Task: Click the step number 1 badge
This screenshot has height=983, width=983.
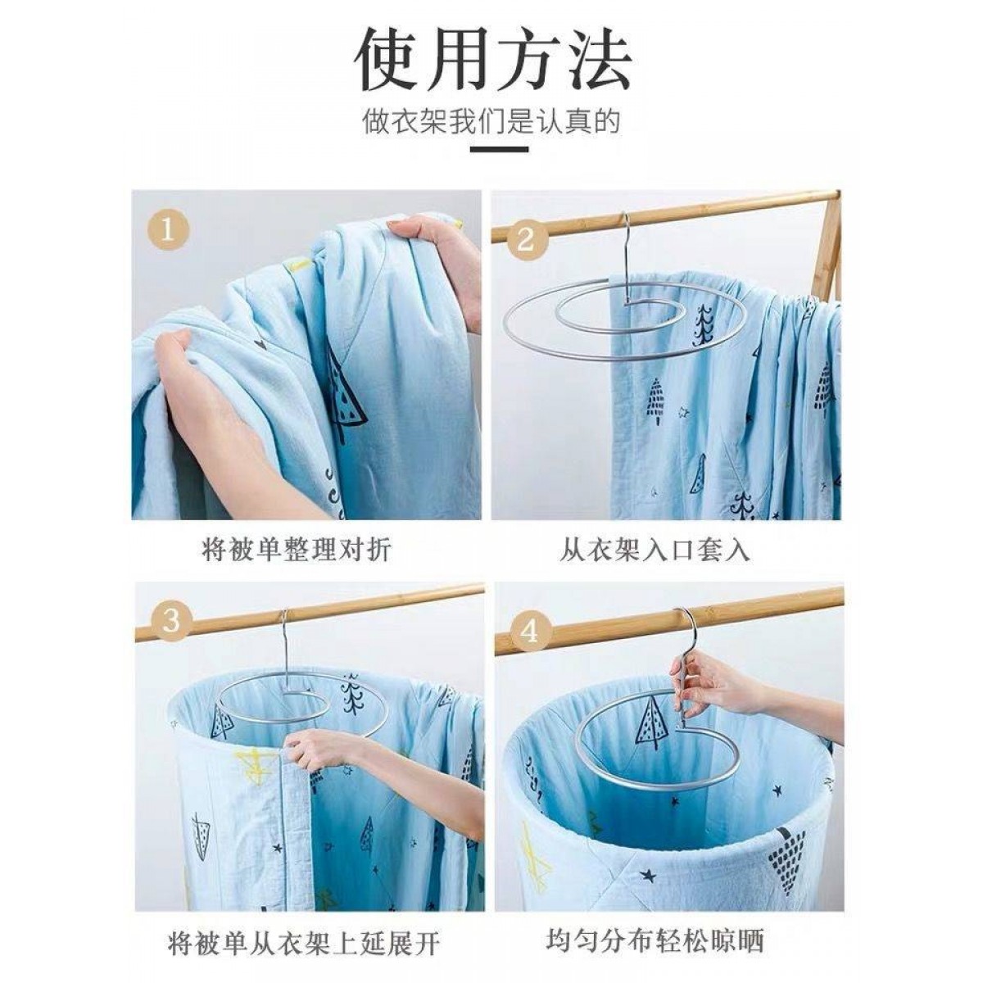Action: coord(168,232)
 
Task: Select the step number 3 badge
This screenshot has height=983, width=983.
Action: coord(172,622)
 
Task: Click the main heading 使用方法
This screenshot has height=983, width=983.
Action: coord(491,66)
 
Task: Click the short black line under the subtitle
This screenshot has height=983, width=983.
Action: coord(499,149)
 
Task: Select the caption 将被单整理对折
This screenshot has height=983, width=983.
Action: coord(297,550)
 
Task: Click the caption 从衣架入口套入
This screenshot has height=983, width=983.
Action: coord(655,550)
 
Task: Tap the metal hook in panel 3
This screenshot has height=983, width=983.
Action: coord(286,648)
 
